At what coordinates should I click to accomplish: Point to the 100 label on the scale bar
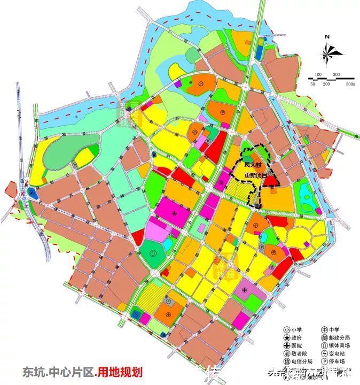pyautogui.click(x=318, y=74)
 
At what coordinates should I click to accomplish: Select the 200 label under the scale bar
pyautogui.click(x=327, y=84)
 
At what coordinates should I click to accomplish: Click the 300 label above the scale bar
pyautogui.click(x=336, y=74)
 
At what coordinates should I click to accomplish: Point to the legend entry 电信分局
pyautogui.click(x=301, y=366)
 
